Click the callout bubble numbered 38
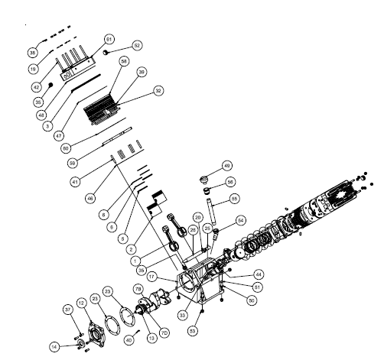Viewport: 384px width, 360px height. coord(32,53)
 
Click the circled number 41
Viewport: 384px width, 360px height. coord(75,182)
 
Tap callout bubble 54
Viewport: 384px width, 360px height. coord(240,220)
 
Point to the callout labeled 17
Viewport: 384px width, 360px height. coord(152,276)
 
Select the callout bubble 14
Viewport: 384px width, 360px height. coord(54,346)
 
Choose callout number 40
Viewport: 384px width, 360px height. coord(129,339)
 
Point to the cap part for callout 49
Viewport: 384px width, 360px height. coord(203,180)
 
